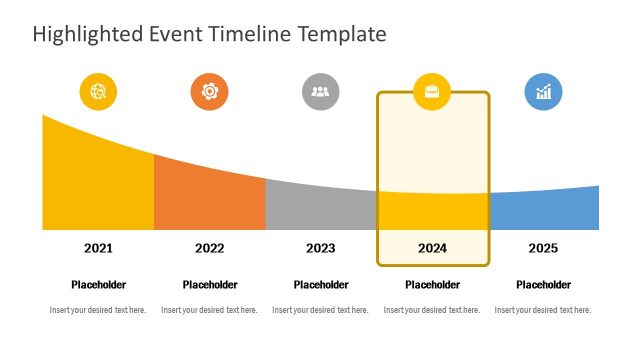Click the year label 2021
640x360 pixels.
coord(98,248)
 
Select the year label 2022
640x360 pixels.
coord(209,248)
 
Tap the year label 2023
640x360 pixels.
coord(320,248)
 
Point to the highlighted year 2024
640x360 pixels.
coord(432,248)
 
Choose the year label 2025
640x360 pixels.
coord(543,248)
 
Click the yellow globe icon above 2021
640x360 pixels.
coord(98,92)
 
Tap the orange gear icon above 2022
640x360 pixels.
coord(209,92)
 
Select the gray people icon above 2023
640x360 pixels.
coord(320,92)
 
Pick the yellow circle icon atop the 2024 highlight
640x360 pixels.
coord(432,92)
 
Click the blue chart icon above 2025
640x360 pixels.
coord(543,92)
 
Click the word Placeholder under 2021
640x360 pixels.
coord(98,285)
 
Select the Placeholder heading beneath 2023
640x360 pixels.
coord(320,285)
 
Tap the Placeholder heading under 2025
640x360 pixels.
coord(543,285)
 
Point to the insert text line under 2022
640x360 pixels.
coord(209,310)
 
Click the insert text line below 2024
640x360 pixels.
coord(432,310)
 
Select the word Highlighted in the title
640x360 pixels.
coord(89,34)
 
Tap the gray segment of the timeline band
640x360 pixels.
coord(320,208)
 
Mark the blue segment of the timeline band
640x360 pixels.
coord(545,210)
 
